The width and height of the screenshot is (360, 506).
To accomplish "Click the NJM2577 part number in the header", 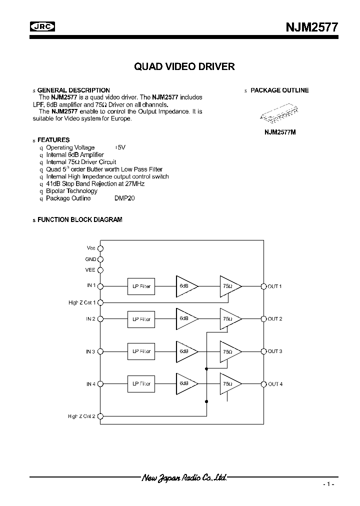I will click(x=312, y=28).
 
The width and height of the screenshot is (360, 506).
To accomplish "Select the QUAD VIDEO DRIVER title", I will click(x=184, y=66).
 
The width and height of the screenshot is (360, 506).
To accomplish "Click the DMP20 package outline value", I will click(x=124, y=198).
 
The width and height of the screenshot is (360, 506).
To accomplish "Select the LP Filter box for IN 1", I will click(x=141, y=286).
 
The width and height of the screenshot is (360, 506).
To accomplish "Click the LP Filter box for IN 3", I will click(x=141, y=351).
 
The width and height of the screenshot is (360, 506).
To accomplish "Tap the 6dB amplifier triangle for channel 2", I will click(x=185, y=318).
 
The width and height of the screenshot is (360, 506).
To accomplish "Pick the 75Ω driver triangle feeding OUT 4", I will click(x=229, y=384).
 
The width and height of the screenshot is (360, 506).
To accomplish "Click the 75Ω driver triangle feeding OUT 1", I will click(x=229, y=286).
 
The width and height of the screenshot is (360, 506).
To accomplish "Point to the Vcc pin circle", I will click(x=100, y=248).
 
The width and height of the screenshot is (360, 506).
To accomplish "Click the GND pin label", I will click(x=90, y=259).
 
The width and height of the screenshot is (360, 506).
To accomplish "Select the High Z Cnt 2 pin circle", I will click(x=100, y=416).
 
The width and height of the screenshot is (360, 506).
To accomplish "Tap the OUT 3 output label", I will click(x=275, y=351).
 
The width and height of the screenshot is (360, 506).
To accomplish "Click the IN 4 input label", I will click(x=91, y=384).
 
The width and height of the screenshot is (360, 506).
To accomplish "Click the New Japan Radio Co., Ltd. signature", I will click(x=184, y=478).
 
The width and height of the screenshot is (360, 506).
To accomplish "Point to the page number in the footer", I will click(x=328, y=485).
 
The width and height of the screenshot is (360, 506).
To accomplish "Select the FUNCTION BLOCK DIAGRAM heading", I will click(x=79, y=219).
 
